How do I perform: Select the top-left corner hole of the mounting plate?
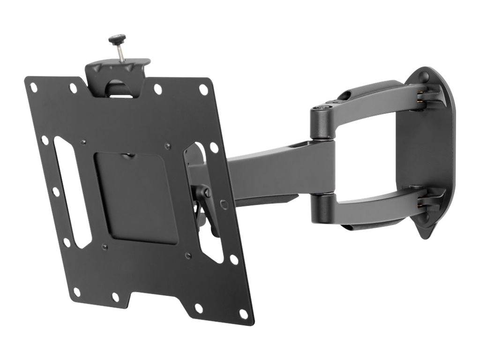pyautogui.click(x=34, y=87)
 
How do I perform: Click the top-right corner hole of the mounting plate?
pyautogui.click(x=203, y=89)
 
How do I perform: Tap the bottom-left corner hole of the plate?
pyautogui.click(x=76, y=292)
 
